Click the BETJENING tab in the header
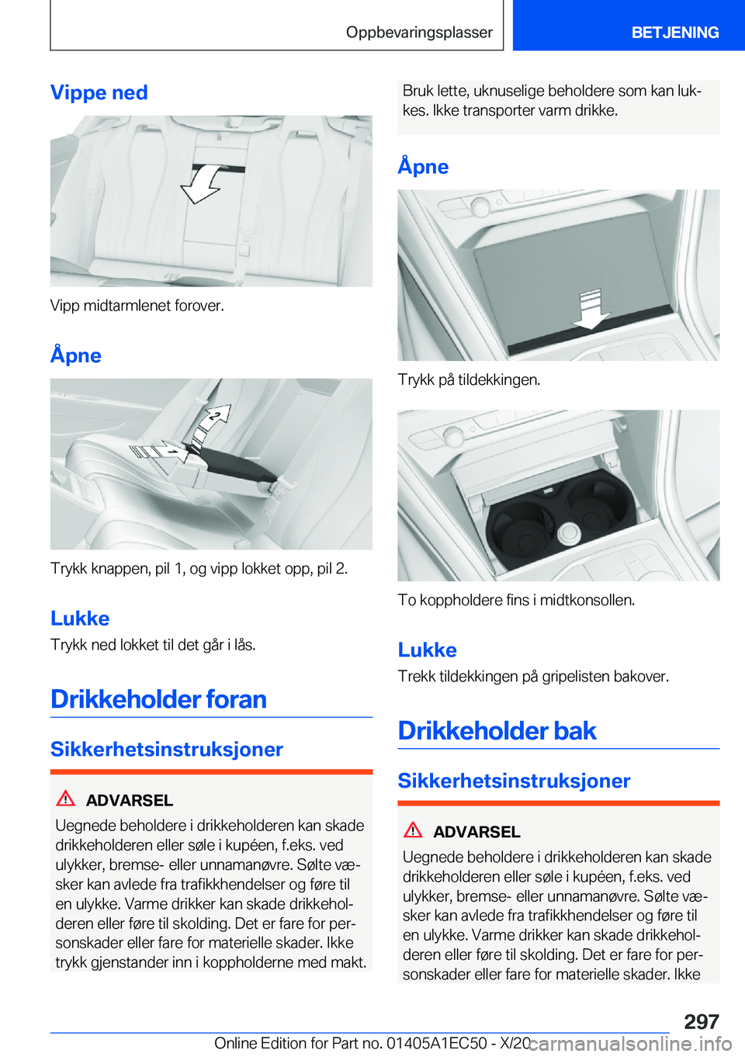pyautogui.click(x=674, y=33)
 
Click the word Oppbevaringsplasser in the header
pyautogui.click(x=419, y=33)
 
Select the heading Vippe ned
pyautogui.click(x=99, y=92)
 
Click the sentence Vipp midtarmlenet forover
pyautogui.click(x=137, y=305)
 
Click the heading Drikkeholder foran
pyautogui.click(x=158, y=699)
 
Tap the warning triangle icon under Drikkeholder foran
pyautogui.click(x=67, y=799)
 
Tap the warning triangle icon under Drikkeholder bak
pyautogui.click(x=414, y=830)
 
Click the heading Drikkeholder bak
pyautogui.click(x=497, y=731)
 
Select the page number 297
pyautogui.click(x=702, y=1021)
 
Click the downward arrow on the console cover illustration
pyautogui.click(x=591, y=309)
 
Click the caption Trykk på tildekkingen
pyautogui.click(x=469, y=379)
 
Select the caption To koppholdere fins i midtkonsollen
pyautogui.click(x=516, y=600)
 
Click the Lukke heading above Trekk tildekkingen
pyautogui.click(x=427, y=650)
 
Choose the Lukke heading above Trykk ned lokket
pyautogui.click(x=80, y=619)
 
